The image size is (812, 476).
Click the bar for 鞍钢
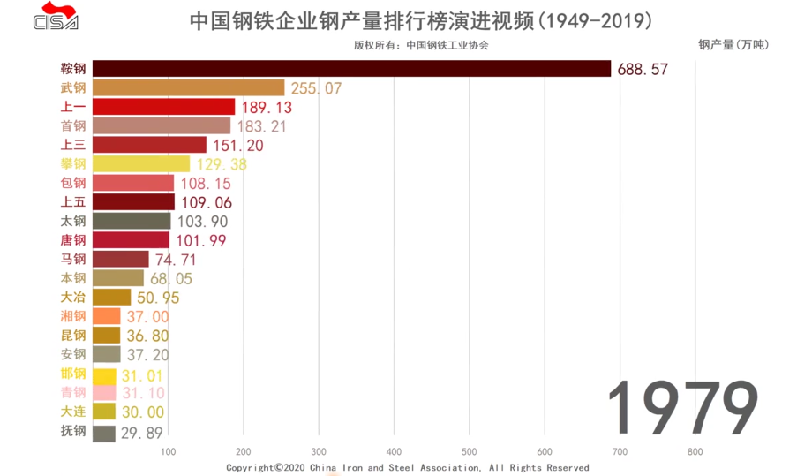(x=351, y=68)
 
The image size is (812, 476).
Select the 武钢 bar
(x=188, y=87)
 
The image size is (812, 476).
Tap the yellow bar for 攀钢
(x=141, y=163)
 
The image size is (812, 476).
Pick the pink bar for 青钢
(x=104, y=392)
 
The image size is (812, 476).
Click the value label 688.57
(x=643, y=69)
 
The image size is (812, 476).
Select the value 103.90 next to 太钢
(x=203, y=221)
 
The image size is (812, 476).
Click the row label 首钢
(x=73, y=125)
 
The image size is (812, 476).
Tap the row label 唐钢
(x=73, y=240)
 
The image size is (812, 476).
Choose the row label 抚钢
(x=73, y=431)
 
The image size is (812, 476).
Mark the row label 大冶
(x=73, y=297)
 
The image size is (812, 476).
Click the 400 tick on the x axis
(x=394, y=452)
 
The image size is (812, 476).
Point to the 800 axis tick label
(x=695, y=452)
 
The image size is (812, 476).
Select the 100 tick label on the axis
(x=168, y=452)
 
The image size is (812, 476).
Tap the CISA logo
(x=56, y=17)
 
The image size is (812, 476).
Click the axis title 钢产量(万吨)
(x=733, y=44)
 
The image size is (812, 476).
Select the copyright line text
(x=407, y=467)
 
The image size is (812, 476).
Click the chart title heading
(x=421, y=19)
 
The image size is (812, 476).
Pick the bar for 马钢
(x=121, y=259)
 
